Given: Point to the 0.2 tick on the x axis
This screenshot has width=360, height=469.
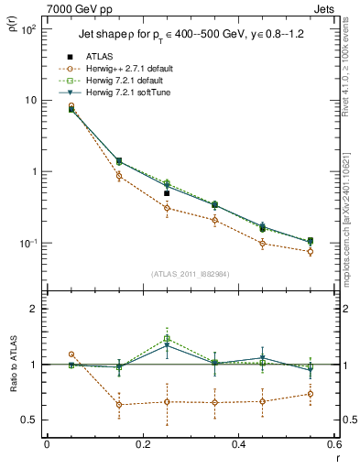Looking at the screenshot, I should (142, 444).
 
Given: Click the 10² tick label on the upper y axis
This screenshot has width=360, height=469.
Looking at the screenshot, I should (29, 29).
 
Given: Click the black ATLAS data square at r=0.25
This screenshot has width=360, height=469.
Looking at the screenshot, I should (167, 193).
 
